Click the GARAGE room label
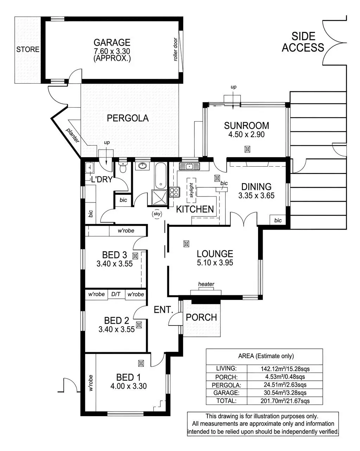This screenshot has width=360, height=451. click(112, 43)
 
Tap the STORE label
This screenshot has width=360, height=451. click(28, 50)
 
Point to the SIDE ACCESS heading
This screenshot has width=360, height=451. click(303, 42)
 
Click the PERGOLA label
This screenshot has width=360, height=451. click(127, 118)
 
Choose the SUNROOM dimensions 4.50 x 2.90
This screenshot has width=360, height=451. click(246, 134)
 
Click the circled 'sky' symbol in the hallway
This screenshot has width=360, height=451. click(156, 213)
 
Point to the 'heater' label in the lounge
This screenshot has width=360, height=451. click(206, 284)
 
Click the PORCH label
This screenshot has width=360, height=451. click(201, 317)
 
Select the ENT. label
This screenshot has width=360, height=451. click(163, 310)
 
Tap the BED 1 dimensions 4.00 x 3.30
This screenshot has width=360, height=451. click(128, 386)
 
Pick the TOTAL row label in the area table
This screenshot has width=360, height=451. click(226, 400)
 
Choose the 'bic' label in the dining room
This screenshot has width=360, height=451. click(278, 220)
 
